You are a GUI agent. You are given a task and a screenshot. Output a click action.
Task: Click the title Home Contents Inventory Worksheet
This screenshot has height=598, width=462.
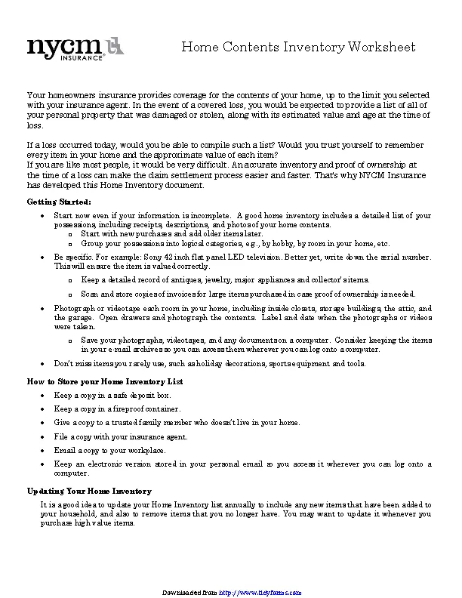click(x=298, y=48)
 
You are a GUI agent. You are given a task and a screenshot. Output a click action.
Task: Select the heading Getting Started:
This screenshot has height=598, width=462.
click(x=59, y=202)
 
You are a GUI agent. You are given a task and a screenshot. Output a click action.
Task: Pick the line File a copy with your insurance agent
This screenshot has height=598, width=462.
click(x=121, y=436)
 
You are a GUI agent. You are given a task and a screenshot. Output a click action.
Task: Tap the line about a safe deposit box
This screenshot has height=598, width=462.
click(x=112, y=395)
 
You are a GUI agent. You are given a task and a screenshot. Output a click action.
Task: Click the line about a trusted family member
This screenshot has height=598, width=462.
click(x=177, y=423)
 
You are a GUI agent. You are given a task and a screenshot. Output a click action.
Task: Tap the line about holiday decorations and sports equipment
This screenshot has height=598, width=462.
click(x=210, y=363)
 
